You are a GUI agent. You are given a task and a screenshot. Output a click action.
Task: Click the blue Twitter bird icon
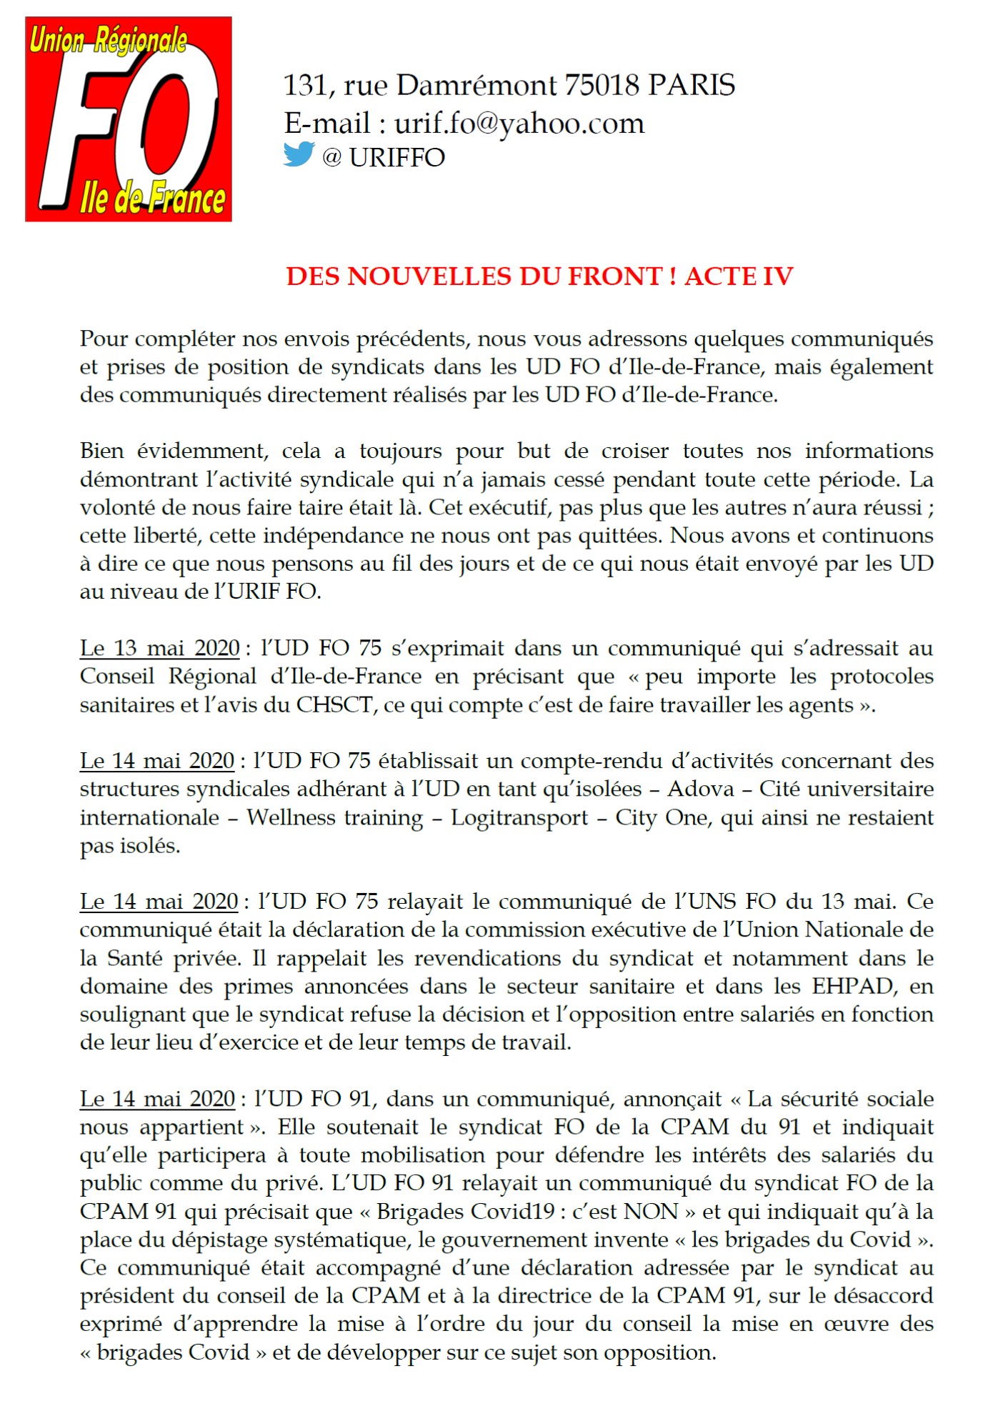[x=299, y=154]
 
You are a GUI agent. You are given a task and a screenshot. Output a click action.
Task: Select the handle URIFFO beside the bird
[x=396, y=157]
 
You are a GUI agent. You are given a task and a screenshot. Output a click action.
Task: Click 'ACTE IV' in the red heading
[x=739, y=276]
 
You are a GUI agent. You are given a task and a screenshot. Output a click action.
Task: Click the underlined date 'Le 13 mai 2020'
[x=159, y=648]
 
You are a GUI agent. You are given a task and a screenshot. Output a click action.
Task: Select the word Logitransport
[x=519, y=817]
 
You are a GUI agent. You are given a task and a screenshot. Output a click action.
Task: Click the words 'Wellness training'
[x=335, y=817]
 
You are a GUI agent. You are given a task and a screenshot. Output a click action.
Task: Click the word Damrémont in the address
[x=476, y=85]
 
